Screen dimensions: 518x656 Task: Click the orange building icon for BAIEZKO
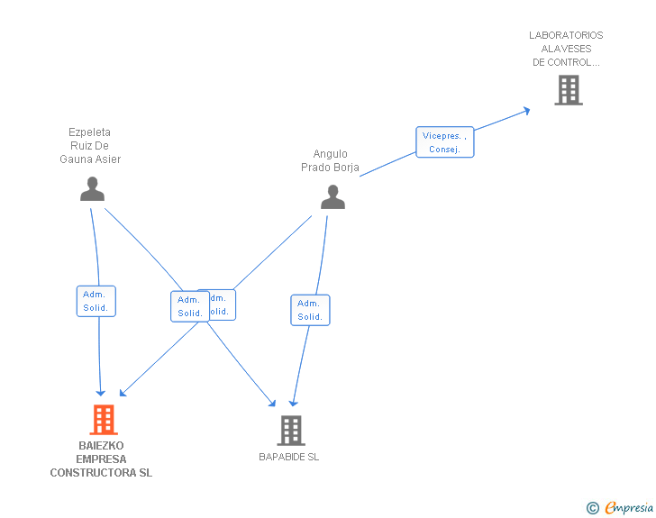pyautogui.click(x=104, y=420)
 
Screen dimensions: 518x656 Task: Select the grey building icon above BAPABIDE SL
pyautogui.click(x=290, y=431)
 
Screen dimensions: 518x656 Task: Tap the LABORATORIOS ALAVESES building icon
pyautogui.click(x=568, y=90)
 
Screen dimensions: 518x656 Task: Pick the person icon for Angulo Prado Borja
pyautogui.click(x=333, y=197)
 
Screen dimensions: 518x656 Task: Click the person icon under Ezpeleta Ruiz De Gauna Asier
pyautogui.click(x=92, y=188)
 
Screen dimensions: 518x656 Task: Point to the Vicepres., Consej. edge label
pyautogui.click(x=444, y=142)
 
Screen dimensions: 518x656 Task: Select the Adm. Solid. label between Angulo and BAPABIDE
pyautogui.click(x=310, y=310)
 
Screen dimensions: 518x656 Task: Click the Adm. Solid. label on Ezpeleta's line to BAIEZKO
pyautogui.click(x=96, y=301)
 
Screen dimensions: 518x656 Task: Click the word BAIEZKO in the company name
pyautogui.click(x=101, y=446)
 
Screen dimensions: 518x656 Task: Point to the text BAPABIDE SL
pyautogui.click(x=289, y=457)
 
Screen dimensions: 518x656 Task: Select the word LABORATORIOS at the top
pyautogui.click(x=566, y=36)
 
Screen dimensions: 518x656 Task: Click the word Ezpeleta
pyautogui.click(x=90, y=132)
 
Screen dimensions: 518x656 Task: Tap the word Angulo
pyautogui.click(x=330, y=154)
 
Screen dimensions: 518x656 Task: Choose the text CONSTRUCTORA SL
pyautogui.click(x=101, y=473)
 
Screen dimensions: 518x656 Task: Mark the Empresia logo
pyautogui.click(x=629, y=508)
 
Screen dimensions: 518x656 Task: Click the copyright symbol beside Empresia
pyautogui.click(x=592, y=509)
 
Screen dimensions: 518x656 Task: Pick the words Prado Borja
pyautogui.click(x=330, y=168)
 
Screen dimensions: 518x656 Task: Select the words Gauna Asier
pyautogui.click(x=90, y=159)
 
